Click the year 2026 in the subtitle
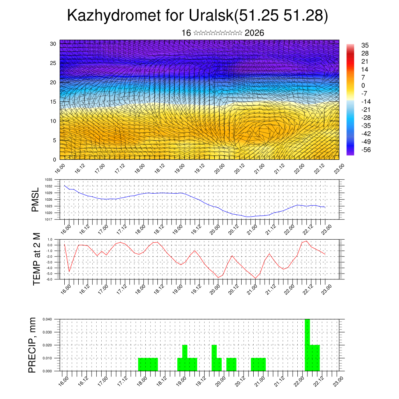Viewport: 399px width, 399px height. (254, 33)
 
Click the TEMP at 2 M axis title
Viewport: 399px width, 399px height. (37, 259)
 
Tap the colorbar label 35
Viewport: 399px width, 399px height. (365, 45)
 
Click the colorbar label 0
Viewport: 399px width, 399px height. (364, 85)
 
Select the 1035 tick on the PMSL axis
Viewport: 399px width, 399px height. (49, 180)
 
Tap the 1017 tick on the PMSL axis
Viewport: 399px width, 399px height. (49, 219)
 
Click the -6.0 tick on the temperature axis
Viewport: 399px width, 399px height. (49, 279)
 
